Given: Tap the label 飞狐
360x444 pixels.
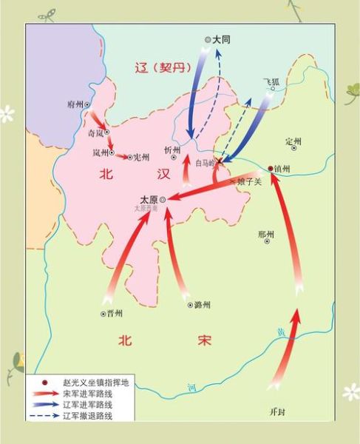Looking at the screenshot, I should [x=271, y=81].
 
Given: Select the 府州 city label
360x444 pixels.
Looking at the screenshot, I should [x=76, y=106].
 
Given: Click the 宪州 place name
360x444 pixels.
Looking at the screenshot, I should [x=140, y=157].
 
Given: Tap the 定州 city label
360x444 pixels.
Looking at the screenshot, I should [x=293, y=141].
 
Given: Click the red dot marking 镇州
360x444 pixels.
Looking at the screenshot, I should [x=271, y=168].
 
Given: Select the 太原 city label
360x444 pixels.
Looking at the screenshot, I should [x=149, y=199].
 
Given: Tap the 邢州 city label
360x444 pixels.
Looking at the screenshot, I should [x=266, y=235].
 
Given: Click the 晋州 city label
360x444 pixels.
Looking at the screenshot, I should [x=114, y=313].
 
